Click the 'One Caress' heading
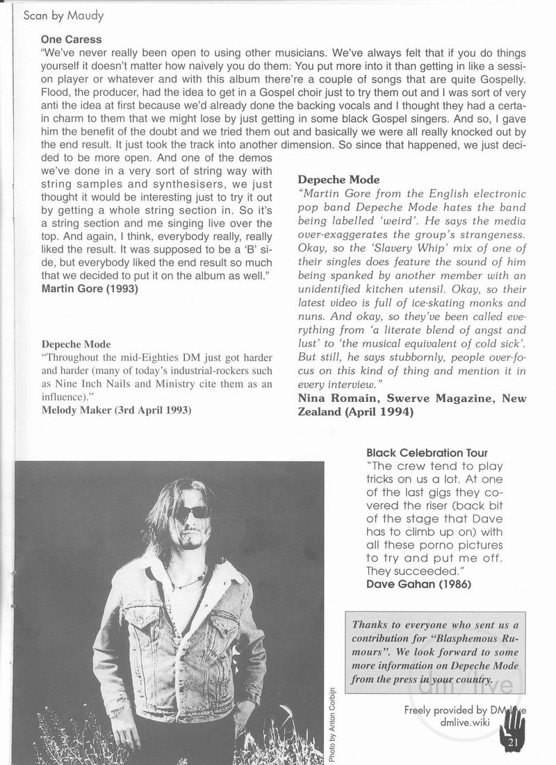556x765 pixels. (x=71, y=40)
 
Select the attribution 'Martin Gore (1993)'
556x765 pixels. (x=89, y=289)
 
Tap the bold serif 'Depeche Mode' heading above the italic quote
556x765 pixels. (x=338, y=180)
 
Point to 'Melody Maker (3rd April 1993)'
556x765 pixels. (x=116, y=410)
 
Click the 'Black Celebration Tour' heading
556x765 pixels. (x=427, y=453)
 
